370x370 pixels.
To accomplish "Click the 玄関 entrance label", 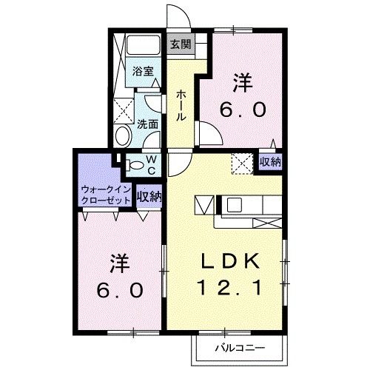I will pos(181,44).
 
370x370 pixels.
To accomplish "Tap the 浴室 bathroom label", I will pos(144,72).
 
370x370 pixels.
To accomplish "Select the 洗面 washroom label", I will pos(148,124).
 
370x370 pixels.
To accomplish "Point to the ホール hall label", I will pos(181,107).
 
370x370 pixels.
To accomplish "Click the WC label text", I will pos(149,165).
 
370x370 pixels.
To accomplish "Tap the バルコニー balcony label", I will pos(237,346).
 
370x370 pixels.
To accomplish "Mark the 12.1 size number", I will pos(229,286).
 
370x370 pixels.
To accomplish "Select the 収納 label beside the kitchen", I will pos(270,161).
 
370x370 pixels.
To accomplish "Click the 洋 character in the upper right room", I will pos(243,80).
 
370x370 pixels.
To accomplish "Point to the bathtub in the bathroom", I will pos(137,45).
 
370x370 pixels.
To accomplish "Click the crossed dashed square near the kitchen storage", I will pos(242,162).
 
